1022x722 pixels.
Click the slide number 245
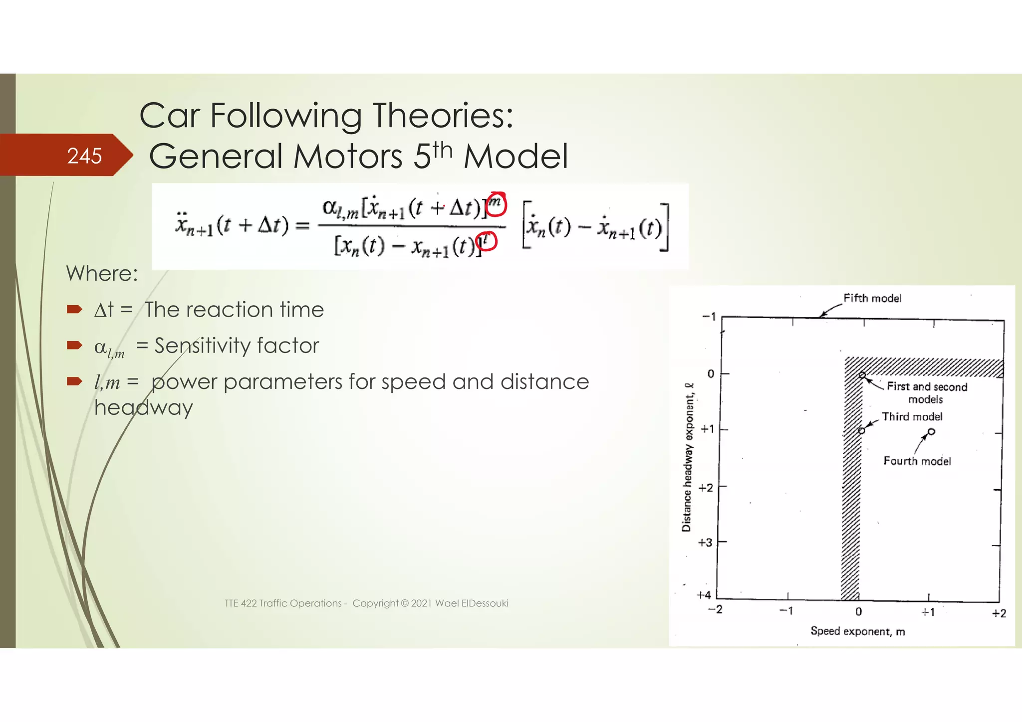[x=84, y=156]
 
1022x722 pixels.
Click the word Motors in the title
[x=347, y=157]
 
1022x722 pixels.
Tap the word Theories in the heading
[x=443, y=116]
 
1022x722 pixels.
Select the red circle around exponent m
[x=497, y=204]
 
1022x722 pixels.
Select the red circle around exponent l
[x=486, y=241]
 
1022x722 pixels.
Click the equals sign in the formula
[x=302, y=225]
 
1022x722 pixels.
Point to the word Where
[x=102, y=274]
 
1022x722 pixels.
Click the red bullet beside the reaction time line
[x=74, y=310]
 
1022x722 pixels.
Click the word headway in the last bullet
[x=144, y=408]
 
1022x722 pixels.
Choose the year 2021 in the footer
[x=421, y=603]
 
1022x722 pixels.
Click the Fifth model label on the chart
[x=872, y=298]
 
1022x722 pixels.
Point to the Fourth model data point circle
[x=931, y=432]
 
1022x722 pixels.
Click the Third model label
[x=912, y=417]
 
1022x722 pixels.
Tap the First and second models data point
[x=862, y=375]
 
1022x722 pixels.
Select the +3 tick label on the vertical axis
[x=705, y=542]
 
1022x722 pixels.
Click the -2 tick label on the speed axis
[x=715, y=609]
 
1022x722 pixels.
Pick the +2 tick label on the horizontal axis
[x=999, y=613]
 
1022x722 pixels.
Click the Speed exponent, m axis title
[x=857, y=631]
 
